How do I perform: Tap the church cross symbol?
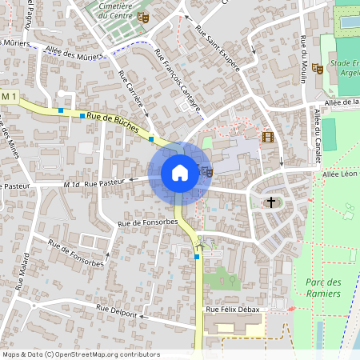click(x=271, y=202)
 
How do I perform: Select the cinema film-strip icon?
click(x=267, y=137)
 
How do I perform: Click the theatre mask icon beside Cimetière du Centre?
click(x=143, y=16)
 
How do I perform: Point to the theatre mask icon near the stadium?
click(x=317, y=69)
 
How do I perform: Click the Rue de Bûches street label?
click(x=113, y=122)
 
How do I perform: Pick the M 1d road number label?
click(x=72, y=185)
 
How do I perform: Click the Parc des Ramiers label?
click(x=323, y=288)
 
